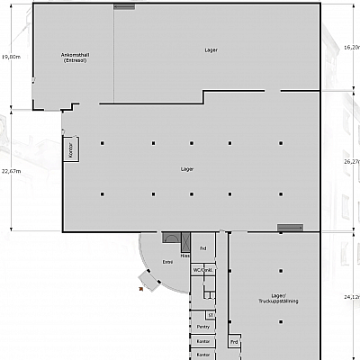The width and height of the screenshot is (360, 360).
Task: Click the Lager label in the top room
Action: [211, 50]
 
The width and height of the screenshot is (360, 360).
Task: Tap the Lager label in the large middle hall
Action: [187, 168]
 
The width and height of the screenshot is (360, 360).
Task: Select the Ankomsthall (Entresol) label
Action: [74, 58]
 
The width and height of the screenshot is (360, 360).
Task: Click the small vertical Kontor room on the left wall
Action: [70, 149]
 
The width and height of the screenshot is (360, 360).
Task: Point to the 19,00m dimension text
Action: [10, 56]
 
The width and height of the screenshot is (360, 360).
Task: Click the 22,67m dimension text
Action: [10, 170]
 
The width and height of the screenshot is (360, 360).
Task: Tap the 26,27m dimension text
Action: [352, 161]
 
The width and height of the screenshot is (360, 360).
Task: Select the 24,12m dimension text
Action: [352, 296]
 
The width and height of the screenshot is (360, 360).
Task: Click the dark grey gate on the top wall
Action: [124, 6]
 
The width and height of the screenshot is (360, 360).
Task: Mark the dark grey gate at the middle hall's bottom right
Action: [290, 227]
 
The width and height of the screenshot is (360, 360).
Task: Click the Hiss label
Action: [184, 256]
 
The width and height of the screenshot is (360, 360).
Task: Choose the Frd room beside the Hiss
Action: [203, 247]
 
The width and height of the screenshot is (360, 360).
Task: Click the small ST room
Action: [210, 315]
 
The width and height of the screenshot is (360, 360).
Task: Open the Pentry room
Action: [203, 328]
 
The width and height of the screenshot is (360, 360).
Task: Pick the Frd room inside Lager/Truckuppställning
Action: [234, 342]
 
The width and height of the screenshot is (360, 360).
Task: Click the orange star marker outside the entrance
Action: [140, 290]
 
